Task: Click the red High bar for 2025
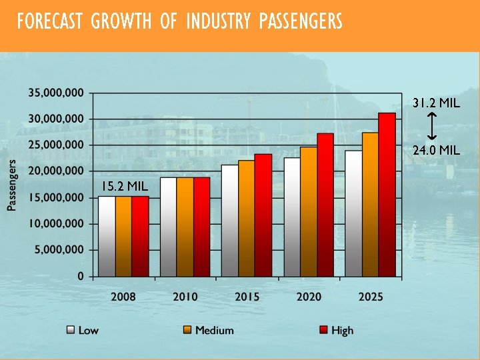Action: click(x=387, y=195)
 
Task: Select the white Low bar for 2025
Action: click(x=353, y=213)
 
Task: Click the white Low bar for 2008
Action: click(x=107, y=236)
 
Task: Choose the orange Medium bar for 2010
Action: click(x=185, y=227)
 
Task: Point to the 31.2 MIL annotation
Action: click(x=435, y=103)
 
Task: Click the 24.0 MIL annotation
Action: click(x=435, y=151)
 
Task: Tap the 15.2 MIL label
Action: click(x=125, y=185)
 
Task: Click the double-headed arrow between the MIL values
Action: click(x=431, y=127)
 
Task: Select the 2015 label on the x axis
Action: click(x=247, y=296)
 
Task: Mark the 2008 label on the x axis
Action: click(x=123, y=296)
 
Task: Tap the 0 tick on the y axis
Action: click(x=81, y=275)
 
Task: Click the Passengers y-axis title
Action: click(x=12, y=185)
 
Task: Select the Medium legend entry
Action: click(x=207, y=330)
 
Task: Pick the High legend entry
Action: click(x=336, y=330)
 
